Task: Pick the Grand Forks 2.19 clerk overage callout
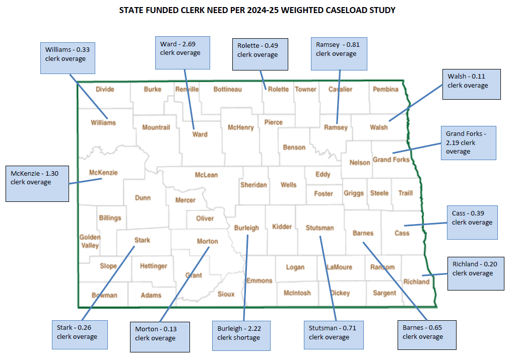pos(468,143)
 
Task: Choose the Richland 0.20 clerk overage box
pos(475,273)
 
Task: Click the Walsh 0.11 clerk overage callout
pos(471,84)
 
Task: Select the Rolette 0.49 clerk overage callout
pos(260,54)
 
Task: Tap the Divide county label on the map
pos(105,89)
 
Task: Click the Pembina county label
pos(385,89)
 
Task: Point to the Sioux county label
pos(226,294)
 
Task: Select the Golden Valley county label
pos(90,241)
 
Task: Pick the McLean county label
pos(206,175)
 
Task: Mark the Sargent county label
pos(384,293)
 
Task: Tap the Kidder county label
pos(282,227)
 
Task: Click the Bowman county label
pos(104,295)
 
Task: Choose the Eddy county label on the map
pos(323,174)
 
